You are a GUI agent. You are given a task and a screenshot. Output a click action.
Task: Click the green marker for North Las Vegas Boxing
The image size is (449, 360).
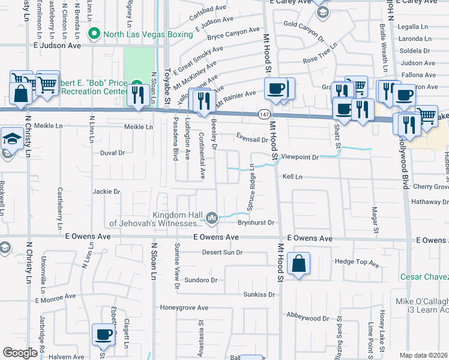(x=93, y=34)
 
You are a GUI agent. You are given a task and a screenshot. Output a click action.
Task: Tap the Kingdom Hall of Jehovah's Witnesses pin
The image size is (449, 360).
(x=212, y=218)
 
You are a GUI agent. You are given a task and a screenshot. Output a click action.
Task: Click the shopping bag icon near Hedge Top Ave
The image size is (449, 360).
(x=298, y=263)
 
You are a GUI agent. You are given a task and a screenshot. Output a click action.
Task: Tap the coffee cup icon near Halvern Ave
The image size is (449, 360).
(x=104, y=334)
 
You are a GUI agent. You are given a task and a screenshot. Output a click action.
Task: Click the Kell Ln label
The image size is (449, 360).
(x=292, y=177)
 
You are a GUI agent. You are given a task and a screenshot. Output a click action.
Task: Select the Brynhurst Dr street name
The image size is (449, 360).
(x=255, y=223)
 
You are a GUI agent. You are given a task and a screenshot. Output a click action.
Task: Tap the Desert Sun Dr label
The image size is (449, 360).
(x=222, y=253)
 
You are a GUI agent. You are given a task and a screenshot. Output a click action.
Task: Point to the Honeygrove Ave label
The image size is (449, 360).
(x=184, y=308)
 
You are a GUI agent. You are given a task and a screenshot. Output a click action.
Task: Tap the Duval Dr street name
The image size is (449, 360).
(x=112, y=153)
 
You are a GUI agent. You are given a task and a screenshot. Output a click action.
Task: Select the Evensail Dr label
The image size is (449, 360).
(x=252, y=139)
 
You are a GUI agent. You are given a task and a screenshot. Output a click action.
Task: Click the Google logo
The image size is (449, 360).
(x=20, y=353)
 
